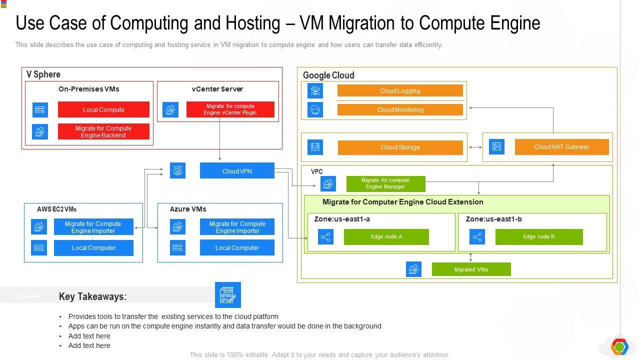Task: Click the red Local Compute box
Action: (103, 109)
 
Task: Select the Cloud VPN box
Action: (237, 171)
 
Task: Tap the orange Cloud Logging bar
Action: (400, 90)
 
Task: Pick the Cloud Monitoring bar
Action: (400, 109)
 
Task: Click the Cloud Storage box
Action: (400, 147)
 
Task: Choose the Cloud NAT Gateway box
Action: (561, 147)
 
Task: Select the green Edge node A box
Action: (386, 237)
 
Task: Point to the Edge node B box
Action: (538, 237)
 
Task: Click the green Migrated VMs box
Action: (471, 269)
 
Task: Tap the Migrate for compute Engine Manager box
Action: (385, 183)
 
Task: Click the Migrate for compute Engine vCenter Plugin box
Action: (230, 109)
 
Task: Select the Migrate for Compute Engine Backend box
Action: (103, 131)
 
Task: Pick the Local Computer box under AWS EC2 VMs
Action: (93, 248)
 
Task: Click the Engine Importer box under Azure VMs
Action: (237, 227)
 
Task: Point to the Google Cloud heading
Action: (328, 75)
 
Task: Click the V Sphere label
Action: (43, 74)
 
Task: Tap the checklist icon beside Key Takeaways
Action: (227, 295)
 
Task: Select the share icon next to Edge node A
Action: (326, 237)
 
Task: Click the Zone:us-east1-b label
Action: (493, 219)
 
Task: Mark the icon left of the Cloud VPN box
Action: (177, 170)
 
